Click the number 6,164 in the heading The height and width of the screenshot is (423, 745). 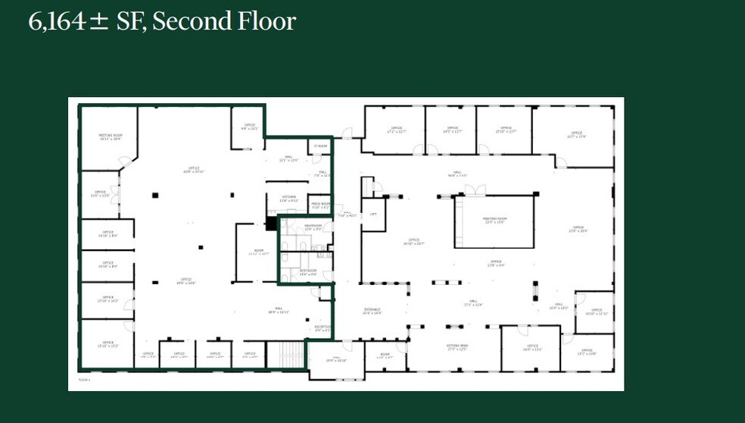pyautogui.click(x=58, y=21)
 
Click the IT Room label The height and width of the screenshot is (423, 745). pyautogui.click(x=320, y=146)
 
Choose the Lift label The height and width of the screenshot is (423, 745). pyautogui.click(x=372, y=215)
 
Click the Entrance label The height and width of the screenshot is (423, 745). pyautogui.click(x=372, y=311)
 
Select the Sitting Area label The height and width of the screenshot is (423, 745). pyautogui.click(x=457, y=347)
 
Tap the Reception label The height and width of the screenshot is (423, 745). pyautogui.click(x=322, y=328)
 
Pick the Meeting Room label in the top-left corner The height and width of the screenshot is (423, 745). pyautogui.click(x=111, y=137)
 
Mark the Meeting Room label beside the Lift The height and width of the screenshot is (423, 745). pyautogui.click(x=494, y=221)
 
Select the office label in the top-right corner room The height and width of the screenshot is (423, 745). pyautogui.click(x=577, y=135)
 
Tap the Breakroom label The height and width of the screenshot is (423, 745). pyautogui.click(x=313, y=227)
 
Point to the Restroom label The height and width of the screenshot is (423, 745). pyautogui.click(x=307, y=272)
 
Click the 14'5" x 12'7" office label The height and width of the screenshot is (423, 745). pyautogui.click(x=452, y=130)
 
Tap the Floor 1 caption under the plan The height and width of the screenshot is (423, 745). pyautogui.click(x=84, y=379)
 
